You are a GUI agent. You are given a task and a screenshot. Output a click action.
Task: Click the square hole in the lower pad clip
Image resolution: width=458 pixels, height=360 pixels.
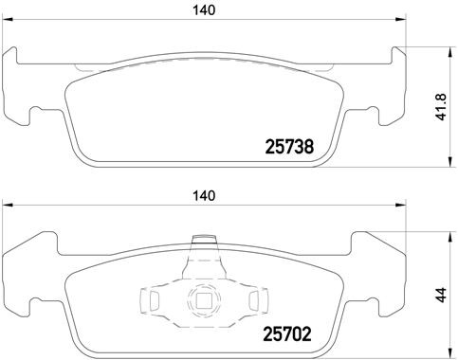tap(202, 303)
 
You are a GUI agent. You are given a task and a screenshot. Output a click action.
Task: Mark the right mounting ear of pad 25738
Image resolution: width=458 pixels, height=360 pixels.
tap(380, 90)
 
